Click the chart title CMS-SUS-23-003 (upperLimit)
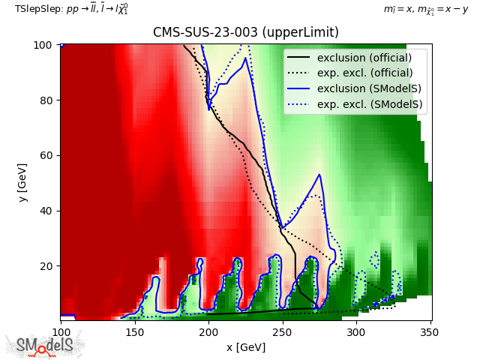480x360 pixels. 246,32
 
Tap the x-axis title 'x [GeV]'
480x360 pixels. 246,347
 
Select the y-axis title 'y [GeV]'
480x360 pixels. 22,183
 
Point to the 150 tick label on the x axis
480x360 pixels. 135,332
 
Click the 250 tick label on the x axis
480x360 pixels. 283,332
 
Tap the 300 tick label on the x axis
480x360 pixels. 356,332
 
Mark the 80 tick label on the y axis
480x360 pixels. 46,100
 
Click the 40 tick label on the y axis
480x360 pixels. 46,211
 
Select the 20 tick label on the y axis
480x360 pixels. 46,266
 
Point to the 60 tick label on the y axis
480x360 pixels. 46,155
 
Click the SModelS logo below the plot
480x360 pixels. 45,345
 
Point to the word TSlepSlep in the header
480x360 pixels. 38,9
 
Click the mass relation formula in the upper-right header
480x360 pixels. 426,10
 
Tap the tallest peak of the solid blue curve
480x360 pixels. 245,58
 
